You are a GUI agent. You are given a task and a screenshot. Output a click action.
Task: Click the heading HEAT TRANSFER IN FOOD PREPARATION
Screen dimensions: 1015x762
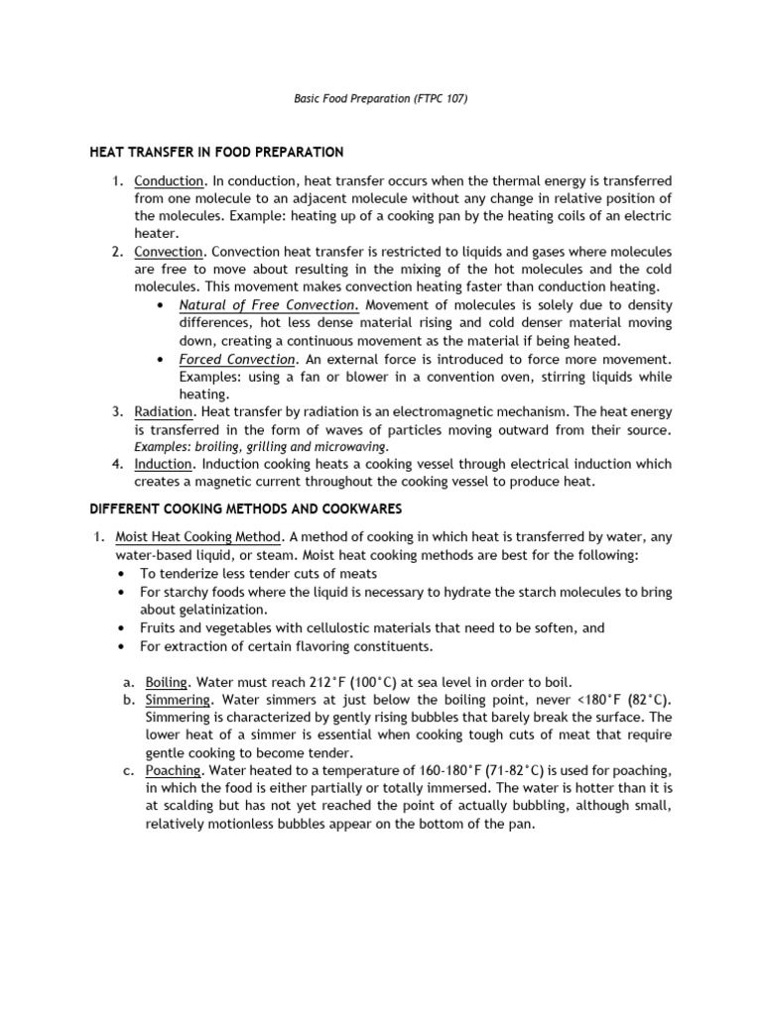[x=216, y=153]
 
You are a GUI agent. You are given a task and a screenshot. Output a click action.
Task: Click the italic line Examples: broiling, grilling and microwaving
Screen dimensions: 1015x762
[x=262, y=448]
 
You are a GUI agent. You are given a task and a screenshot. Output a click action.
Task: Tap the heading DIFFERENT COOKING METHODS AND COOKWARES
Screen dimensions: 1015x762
[x=245, y=508]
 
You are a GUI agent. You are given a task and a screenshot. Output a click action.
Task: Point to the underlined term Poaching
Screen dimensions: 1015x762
[x=173, y=770]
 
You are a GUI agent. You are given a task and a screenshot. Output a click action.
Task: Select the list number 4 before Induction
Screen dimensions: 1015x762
[x=117, y=464]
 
